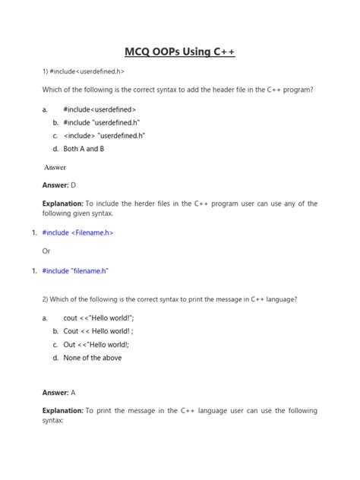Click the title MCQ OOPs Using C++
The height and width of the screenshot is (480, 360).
pyautogui.click(x=180, y=52)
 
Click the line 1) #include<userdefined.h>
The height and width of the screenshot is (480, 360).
pyautogui.click(x=84, y=71)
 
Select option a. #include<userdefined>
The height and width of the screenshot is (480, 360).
pyautogui.click(x=99, y=109)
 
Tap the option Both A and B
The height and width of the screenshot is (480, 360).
pyautogui.click(x=84, y=149)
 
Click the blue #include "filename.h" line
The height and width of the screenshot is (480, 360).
pyautogui.click(x=76, y=270)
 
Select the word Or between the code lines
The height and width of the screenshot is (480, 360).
pyautogui.click(x=46, y=251)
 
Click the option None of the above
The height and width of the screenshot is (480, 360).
pyautogui.click(x=93, y=358)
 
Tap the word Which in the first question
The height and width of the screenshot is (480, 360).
pyautogui.click(x=54, y=90)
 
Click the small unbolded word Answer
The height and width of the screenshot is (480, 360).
pyautogui.click(x=55, y=166)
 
